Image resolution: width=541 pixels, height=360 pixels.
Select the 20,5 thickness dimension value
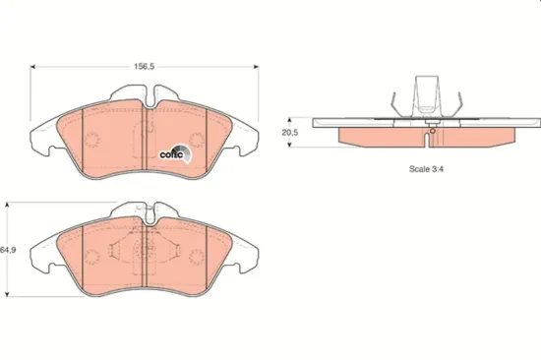click(289, 131)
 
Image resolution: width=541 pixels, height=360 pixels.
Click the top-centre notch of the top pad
click(145, 97)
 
